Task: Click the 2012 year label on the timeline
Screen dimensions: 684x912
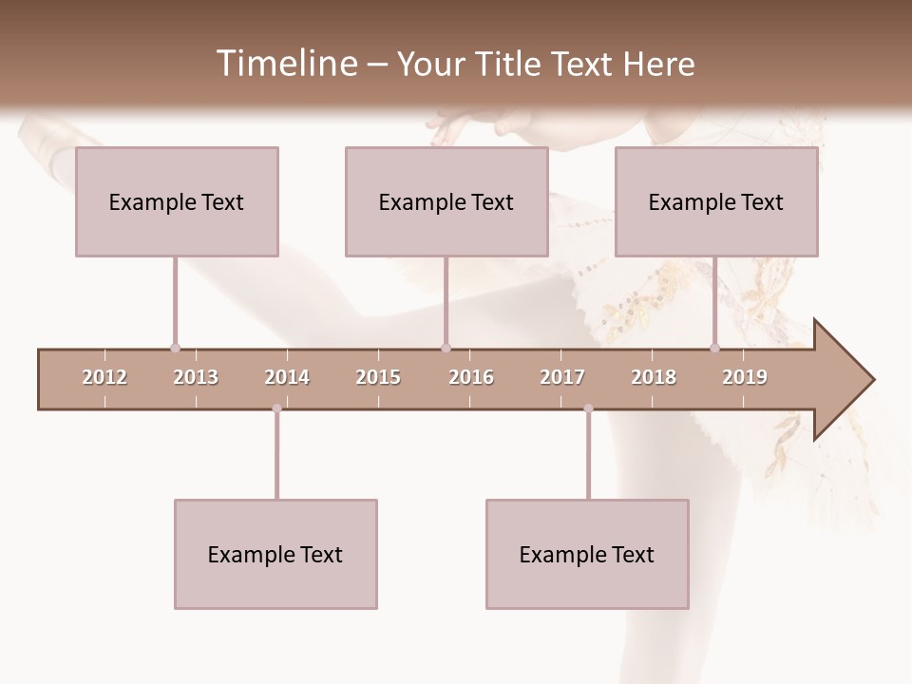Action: pyautogui.click(x=104, y=377)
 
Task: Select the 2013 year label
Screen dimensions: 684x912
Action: pyautogui.click(x=196, y=377)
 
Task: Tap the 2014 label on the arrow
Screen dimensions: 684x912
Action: pyautogui.click(x=287, y=377)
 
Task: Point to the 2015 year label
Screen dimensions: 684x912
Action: pyautogui.click(x=378, y=377)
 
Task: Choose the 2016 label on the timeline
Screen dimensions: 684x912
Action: pyautogui.click(x=471, y=377)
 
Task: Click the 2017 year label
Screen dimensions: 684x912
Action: pyautogui.click(x=562, y=377)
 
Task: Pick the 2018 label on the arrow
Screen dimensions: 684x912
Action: pyautogui.click(x=654, y=377)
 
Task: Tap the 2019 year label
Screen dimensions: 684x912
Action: pyautogui.click(x=745, y=377)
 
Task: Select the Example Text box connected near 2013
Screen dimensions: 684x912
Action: pyautogui.click(x=177, y=201)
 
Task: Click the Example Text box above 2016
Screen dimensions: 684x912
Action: pyautogui.click(x=446, y=201)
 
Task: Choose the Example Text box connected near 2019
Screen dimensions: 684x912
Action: pyautogui.click(x=716, y=201)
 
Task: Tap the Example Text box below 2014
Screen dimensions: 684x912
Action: pyautogui.click(x=275, y=554)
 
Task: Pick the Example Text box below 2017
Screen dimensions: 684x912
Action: pyautogui.click(x=587, y=554)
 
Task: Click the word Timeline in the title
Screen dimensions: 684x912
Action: pyautogui.click(x=285, y=64)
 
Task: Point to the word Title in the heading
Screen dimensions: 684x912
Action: pyautogui.click(x=510, y=64)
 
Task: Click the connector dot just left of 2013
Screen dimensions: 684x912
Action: pyautogui.click(x=175, y=348)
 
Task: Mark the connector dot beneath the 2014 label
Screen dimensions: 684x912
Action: pyautogui.click(x=276, y=408)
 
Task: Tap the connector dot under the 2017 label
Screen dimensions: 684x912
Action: pyautogui.click(x=588, y=408)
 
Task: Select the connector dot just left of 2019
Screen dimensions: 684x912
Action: pyautogui.click(x=714, y=348)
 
